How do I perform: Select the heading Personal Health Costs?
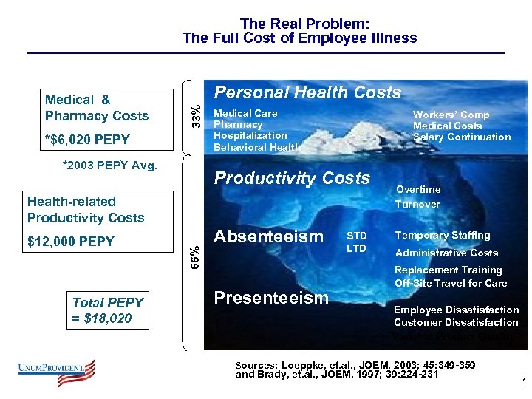click(x=307, y=92)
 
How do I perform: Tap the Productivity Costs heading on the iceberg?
click(x=291, y=178)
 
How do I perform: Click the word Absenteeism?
click(x=268, y=236)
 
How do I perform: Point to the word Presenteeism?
click(x=270, y=298)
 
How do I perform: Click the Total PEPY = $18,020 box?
click(x=108, y=310)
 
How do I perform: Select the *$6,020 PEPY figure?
click(x=87, y=140)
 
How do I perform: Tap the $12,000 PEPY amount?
click(x=71, y=242)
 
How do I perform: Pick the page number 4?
click(x=523, y=382)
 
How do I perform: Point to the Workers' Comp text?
click(x=451, y=115)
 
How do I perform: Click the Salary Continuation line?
click(x=462, y=137)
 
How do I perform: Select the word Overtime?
click(x=418, y=190)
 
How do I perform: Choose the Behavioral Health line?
click(x=256, y=147)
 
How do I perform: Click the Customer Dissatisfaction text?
click(x=456, y=322)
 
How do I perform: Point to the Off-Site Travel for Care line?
click(x=451, y=283)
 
